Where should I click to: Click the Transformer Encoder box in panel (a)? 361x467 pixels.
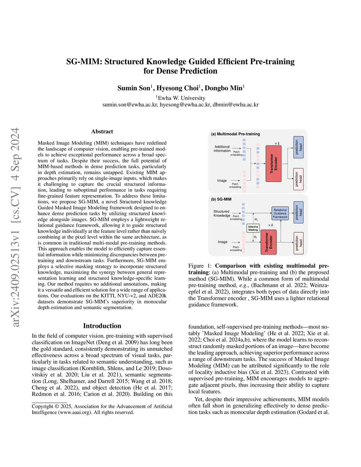273,164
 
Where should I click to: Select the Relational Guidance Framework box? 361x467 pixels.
280,214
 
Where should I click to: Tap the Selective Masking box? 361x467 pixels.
253,228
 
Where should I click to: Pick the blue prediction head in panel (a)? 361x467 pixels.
298,147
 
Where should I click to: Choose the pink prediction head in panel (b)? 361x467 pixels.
298,243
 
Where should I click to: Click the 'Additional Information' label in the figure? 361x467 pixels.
222,149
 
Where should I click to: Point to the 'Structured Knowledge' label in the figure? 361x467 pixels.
221,214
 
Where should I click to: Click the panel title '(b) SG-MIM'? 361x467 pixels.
221,199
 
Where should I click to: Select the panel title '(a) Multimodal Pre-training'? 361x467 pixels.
235,134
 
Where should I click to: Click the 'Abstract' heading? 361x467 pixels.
102,131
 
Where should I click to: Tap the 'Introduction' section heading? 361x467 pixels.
102,326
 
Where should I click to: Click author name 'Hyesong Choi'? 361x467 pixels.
177,88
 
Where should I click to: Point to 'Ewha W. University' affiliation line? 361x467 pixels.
181,98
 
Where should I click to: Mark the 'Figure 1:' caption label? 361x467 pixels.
200,266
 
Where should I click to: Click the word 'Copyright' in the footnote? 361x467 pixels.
43,406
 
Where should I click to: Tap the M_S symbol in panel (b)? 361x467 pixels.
256,220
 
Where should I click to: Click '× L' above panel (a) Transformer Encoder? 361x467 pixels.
277,143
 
